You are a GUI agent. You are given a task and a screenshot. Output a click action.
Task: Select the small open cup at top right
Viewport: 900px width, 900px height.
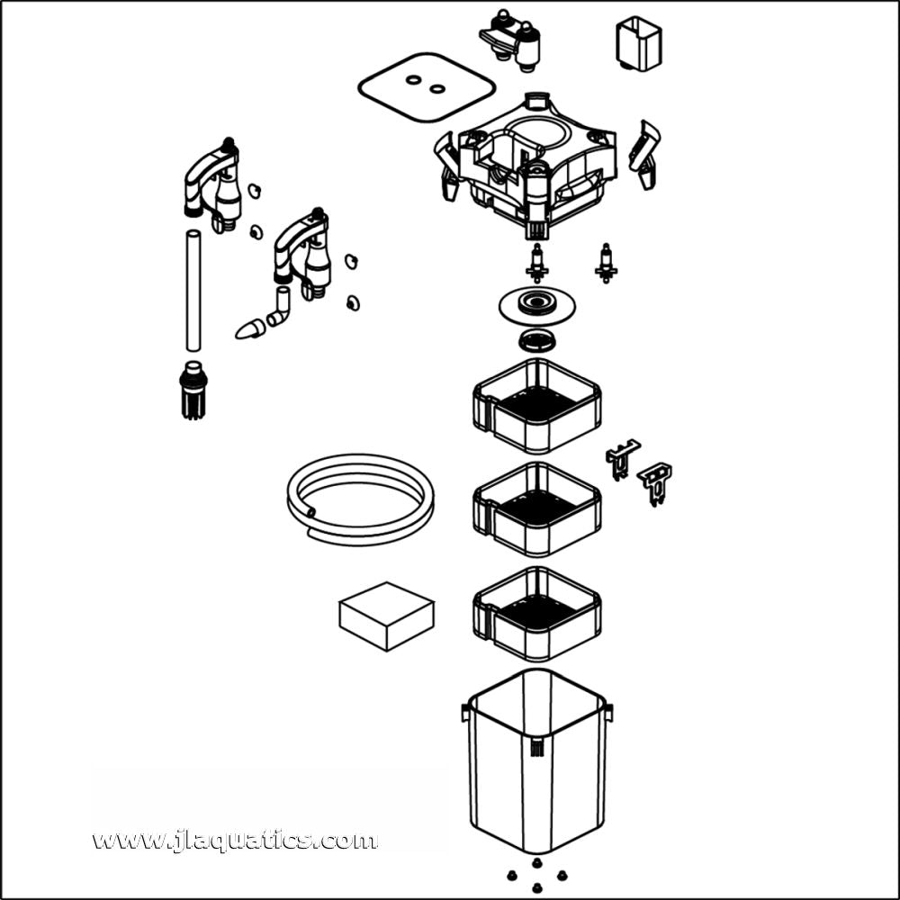point(638,43)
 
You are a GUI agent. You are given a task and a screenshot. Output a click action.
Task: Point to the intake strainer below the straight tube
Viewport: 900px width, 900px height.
point(190,390)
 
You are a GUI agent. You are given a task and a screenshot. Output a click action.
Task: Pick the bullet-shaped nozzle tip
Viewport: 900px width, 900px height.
point(249,329)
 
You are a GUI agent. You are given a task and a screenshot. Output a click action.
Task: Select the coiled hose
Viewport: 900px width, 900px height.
point(360,499)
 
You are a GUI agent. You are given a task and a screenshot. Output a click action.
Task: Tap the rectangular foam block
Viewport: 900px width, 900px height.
point(386,616)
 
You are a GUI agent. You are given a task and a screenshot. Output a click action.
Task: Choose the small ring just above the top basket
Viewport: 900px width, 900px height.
point(537,340)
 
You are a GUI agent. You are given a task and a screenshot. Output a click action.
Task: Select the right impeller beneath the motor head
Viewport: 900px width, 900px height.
point(606,262)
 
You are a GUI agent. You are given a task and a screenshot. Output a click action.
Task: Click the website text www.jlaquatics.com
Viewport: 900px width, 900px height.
point(235,841)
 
